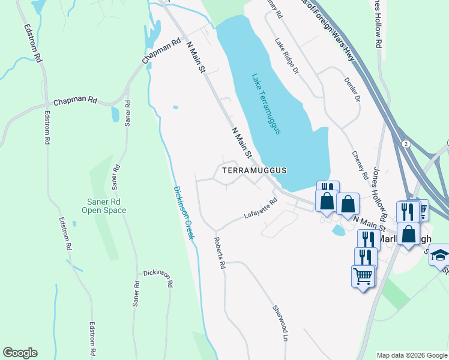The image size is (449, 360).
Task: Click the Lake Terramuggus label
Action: [267, 104]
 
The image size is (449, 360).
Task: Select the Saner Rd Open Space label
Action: [104, 206]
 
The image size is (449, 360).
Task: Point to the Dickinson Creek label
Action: [184, 212]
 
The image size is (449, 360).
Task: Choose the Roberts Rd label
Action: [220, 252]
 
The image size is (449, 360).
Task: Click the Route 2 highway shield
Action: [406, 144]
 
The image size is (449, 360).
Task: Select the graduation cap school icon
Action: [441, 254]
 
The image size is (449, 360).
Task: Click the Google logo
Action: [20, 353]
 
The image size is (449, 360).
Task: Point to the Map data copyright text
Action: [412, 355]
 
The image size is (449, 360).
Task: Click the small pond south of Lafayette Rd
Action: [338, 230]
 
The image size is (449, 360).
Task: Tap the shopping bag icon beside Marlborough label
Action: [408, 233]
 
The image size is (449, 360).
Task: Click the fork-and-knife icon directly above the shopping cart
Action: [365, 256]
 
